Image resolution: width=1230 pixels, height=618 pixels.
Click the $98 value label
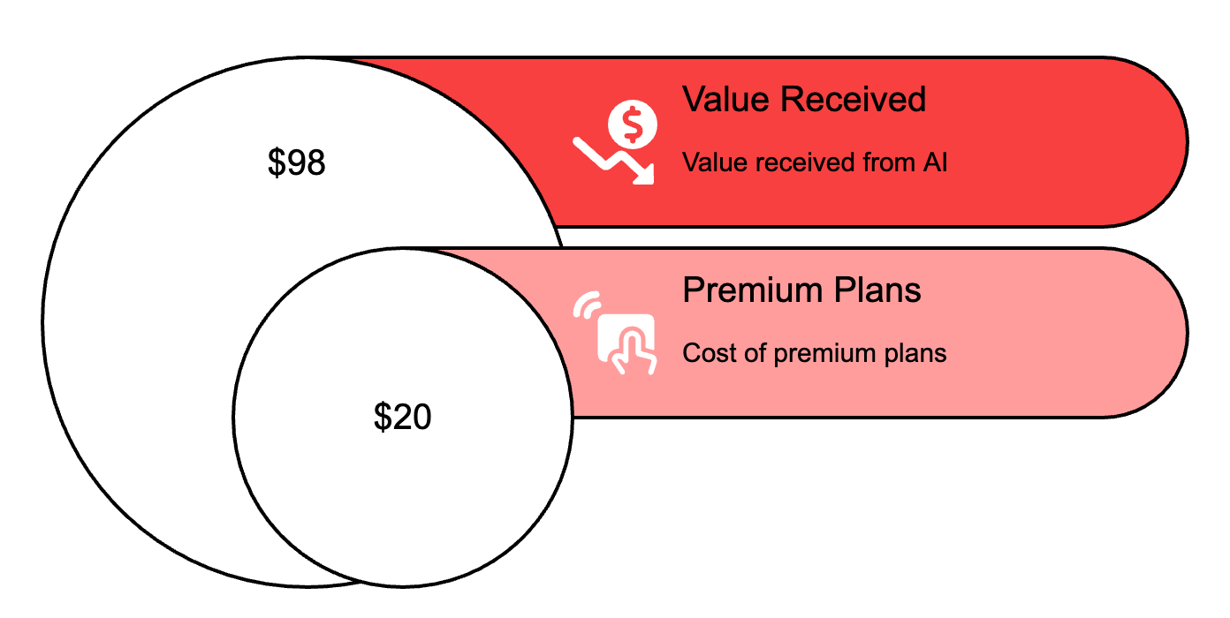point(297,163)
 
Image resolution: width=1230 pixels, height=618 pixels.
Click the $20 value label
point(403,417)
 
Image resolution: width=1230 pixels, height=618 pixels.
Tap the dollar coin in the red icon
point(633,124)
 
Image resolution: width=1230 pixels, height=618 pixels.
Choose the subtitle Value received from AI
point(815,162)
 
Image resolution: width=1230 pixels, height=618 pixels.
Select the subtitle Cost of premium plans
point(815,353)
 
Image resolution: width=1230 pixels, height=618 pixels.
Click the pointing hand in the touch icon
point(633,351)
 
